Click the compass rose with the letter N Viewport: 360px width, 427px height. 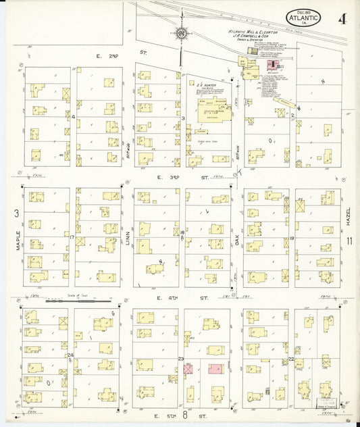[180, 32]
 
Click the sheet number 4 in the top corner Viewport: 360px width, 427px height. [344, 18]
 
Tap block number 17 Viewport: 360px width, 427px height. [71, 236]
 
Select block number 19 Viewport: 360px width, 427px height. [291, 238]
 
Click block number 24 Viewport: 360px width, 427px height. [70, 355]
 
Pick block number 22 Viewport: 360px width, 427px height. [291, 359]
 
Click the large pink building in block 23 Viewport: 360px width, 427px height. [216, 369]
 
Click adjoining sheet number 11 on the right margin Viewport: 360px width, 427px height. [349, 241]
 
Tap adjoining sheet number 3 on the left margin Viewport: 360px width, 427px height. [16, 214]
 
